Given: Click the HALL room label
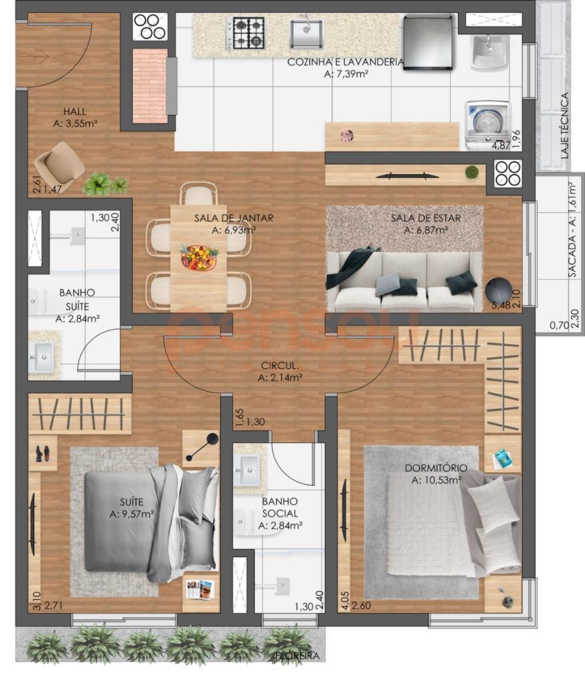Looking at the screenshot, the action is coord(74,112).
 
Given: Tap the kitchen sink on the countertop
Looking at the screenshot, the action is coord(306,33).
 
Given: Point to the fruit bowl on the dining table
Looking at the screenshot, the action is coord(199,257).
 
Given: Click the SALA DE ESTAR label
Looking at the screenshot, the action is coord(425,218).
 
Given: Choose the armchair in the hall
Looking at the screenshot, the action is coord(59,167).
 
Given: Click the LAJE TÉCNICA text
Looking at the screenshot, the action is coord(564,126).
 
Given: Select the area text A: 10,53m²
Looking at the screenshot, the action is coord(436,480).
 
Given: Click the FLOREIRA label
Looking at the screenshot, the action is coord(298,656).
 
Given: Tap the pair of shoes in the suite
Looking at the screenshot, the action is coord(43,454).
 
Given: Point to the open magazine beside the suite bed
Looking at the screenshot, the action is coord(200,589).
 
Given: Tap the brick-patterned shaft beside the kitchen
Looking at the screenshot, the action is coord(150,86).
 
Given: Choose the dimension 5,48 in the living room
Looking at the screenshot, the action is coord(501,305).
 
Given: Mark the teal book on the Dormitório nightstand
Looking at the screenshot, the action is coord(503,458).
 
